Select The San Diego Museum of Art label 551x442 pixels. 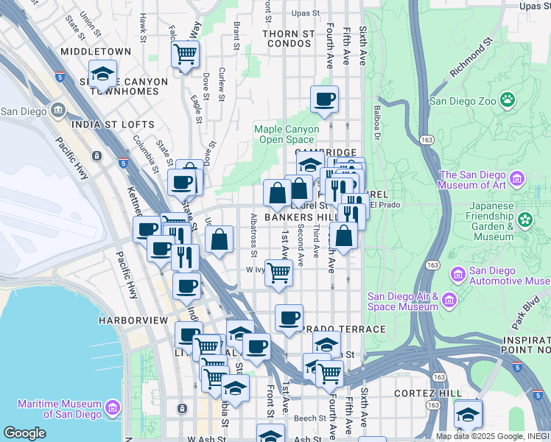point(474,180)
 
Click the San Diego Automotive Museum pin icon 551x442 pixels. point(457,276)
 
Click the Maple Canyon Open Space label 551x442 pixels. point(287,134)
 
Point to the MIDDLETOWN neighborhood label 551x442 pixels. point(96,52)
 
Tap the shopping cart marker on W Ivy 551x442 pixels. point(278,273)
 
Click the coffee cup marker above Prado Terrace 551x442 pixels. point(289,318)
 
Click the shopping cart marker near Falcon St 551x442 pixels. point(185,54)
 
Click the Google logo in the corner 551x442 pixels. point(24,433)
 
